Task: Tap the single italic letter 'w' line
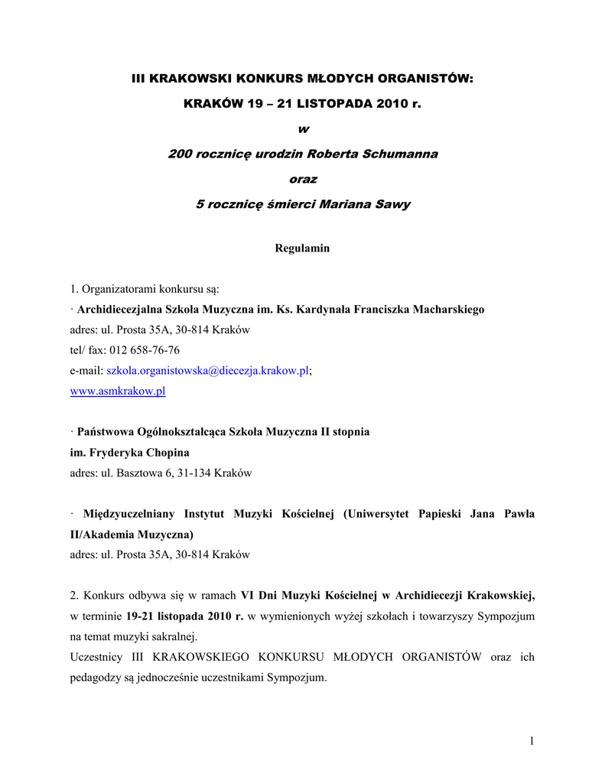[x=303, y=128]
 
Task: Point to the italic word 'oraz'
[x=303, y=179]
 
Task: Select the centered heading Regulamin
[x=302, y=249]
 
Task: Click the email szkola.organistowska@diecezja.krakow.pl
[x=207, y=371]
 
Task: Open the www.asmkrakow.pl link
[x=118, y=391]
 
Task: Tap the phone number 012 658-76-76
[x=145, y=350]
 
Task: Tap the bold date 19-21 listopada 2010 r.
[x=184, y=616]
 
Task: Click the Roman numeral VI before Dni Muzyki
[x=248, y=596]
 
